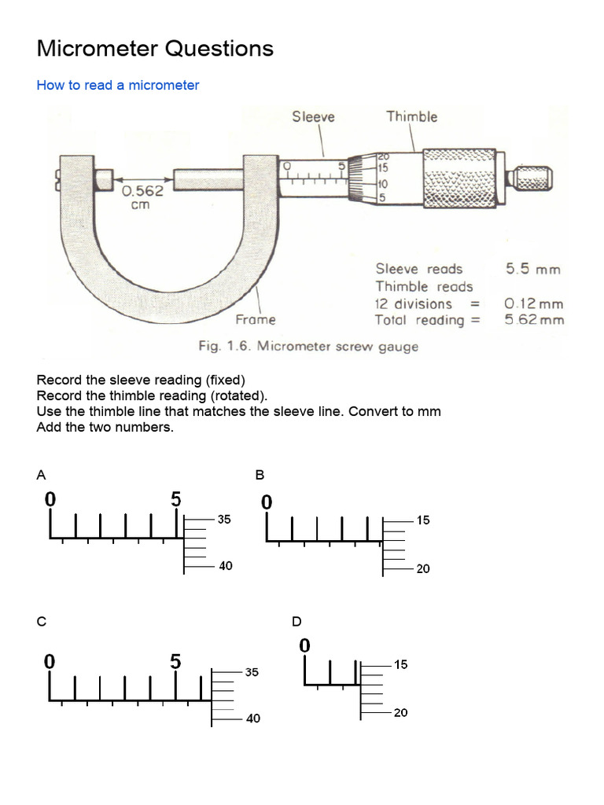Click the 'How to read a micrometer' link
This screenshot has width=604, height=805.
point(118,85)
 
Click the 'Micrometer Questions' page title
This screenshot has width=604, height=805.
point(155,49)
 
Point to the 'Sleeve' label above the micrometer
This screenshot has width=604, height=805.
point(313,117)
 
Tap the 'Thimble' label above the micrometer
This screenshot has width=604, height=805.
point(411,116)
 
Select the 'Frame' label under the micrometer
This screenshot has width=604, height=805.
point(256,319)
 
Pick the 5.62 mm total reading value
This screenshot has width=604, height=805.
point(534,319)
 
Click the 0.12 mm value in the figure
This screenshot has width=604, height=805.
point(534,303)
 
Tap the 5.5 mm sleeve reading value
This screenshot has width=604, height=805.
point(533,269)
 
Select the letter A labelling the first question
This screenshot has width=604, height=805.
point(41,474)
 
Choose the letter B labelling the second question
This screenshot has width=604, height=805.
point(260,474)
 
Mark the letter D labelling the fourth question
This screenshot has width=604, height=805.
point(296,621)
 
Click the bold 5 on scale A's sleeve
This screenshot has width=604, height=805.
point(176,498)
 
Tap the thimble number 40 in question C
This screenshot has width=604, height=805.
point(252,719)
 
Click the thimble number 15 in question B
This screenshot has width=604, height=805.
point(423,520)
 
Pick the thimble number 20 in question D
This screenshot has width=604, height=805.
point(400,713)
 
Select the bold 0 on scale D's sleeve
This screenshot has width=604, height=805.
point(305,645)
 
